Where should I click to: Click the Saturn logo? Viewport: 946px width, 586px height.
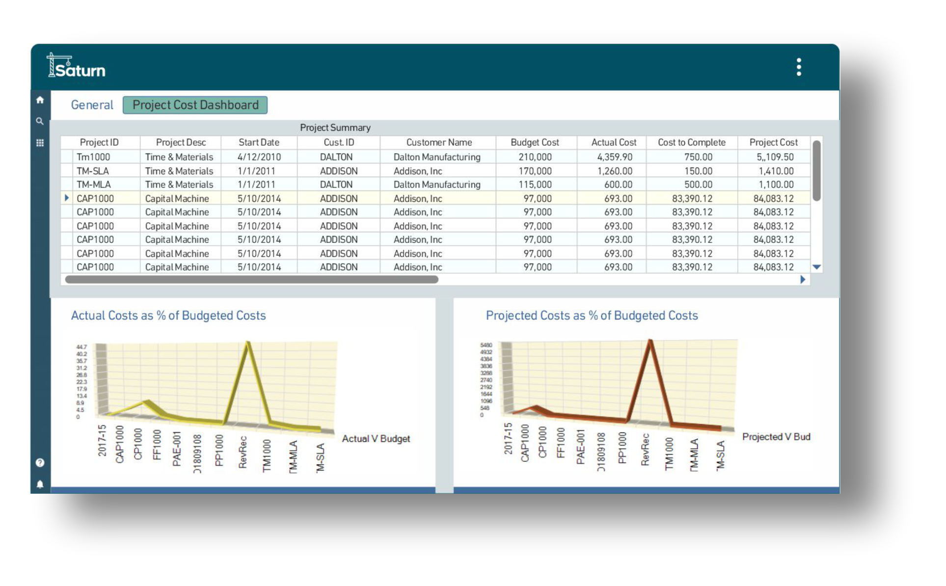[x=76, y=67]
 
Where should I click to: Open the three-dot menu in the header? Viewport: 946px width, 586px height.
[x=799, y=67]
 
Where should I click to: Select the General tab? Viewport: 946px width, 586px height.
[x=92, y=105]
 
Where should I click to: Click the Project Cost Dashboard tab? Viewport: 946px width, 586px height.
[x=195, y=105]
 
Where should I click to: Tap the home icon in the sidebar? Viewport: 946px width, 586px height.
[x=40, y=100]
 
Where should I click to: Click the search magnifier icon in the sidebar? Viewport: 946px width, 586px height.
[x=40, y=121]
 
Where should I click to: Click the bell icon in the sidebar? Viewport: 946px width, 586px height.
[x=40, y=484]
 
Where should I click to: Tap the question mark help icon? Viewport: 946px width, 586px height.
[x=40, y=463]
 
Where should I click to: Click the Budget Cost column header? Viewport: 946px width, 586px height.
[x=535, y=142]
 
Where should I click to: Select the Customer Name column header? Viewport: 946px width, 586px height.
[x=439, y=142]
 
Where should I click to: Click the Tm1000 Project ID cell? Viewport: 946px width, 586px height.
[x=93, y=157]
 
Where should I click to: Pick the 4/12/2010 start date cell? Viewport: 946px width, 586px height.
[x=259, y=157]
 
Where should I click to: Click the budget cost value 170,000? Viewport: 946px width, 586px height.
[x=535, y=171]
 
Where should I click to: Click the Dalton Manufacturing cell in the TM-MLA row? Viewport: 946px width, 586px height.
[x=437, y=185]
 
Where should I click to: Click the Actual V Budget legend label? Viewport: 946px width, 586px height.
[x=376, y=439]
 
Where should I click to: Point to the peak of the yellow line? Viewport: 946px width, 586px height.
[x=248, y=344]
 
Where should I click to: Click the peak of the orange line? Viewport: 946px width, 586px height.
[x=650, y=341]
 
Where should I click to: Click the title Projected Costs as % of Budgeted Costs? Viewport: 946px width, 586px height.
[x=592, y=316]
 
